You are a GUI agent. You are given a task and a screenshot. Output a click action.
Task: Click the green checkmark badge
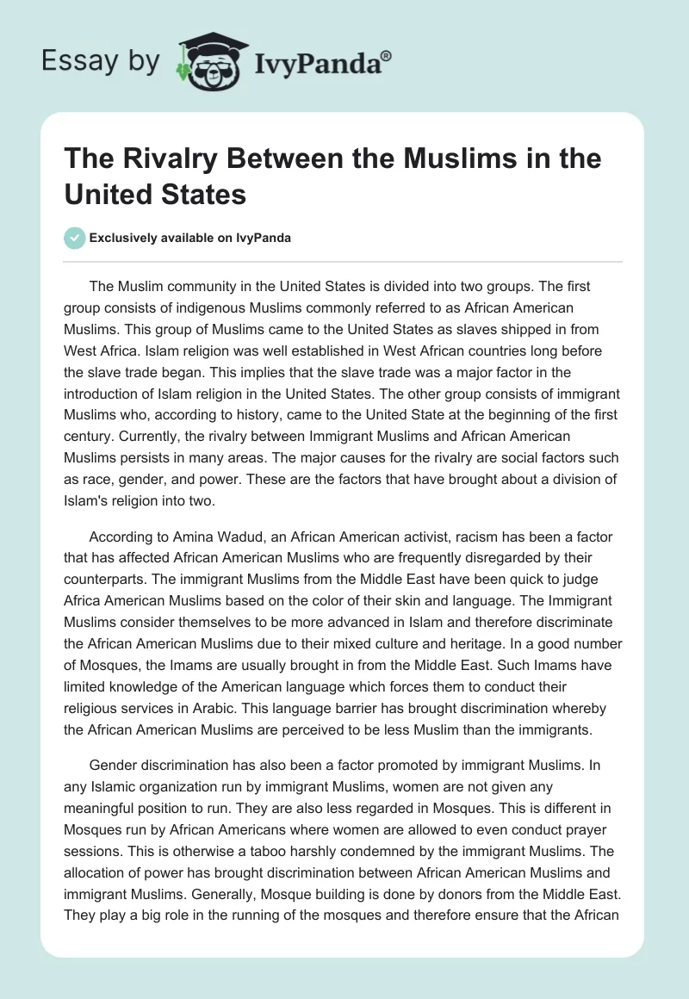coord(76,238)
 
